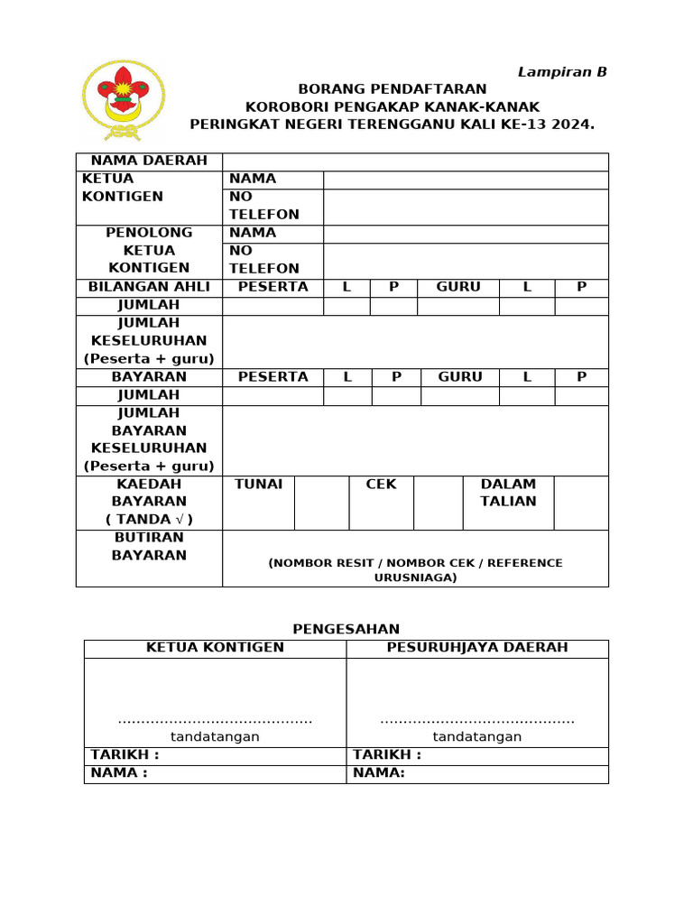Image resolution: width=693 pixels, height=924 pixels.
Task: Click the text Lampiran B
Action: (x=561, y=72)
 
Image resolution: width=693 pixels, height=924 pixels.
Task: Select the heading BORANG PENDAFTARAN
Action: (x=393, y=88)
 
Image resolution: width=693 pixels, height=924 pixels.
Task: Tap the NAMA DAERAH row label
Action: (x=149, y=161)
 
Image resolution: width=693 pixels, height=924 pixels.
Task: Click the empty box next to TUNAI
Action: (x=321, y=503)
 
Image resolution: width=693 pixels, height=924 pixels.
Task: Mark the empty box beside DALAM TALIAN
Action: (x=581, y=503)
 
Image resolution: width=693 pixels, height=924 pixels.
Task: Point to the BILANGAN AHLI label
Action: (x=149, y=287)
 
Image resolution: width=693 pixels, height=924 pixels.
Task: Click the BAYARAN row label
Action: (x=149, y=377)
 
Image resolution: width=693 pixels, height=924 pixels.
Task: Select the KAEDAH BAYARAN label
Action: (x=149, y=502)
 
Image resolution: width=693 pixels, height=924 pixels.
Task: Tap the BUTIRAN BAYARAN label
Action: (x=149, y=546)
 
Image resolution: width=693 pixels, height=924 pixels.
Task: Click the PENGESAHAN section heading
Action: (x=346, y=629)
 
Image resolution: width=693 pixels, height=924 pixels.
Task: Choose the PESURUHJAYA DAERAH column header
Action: (x=477, y=648)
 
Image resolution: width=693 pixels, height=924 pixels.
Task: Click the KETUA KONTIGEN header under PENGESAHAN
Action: (x=215, y=648)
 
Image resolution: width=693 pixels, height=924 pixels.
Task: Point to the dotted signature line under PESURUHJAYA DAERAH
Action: (x=477, y=720)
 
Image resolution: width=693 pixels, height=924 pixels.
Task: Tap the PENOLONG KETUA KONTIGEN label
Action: (x=149, y=250)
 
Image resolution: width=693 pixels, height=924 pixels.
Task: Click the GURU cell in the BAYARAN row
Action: (x=459, y=377)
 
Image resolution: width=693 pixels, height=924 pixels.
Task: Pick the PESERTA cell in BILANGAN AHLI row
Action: (x=273, y=287)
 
